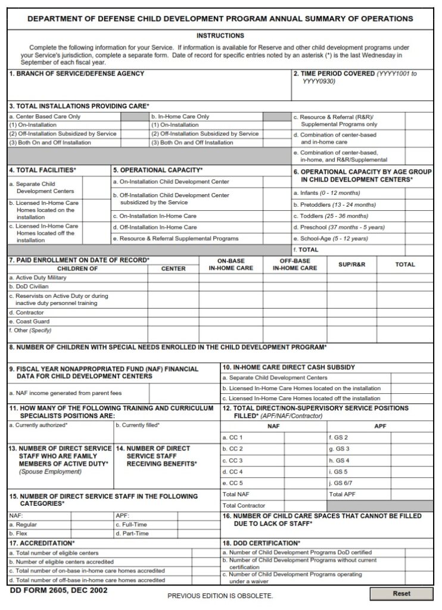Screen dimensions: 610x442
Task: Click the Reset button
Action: click(x=401, y=593)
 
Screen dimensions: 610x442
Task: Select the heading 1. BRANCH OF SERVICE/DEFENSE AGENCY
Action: click(x=76, y=74)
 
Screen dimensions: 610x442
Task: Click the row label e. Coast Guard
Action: click(x=30, y=321)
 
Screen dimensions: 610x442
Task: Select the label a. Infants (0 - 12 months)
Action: click(x=326, y=193)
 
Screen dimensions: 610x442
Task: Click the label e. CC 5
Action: click(x=232, y=483)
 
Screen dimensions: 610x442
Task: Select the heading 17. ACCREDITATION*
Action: click(x=42, y=543)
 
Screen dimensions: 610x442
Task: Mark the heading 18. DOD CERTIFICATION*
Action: click(x=261, y=543)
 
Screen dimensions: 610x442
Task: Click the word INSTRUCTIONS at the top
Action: click(x=220, y=36)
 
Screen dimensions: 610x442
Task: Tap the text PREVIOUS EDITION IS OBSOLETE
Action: click(x=220, y=596)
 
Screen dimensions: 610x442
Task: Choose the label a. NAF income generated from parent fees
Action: click(x=65, y=393)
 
